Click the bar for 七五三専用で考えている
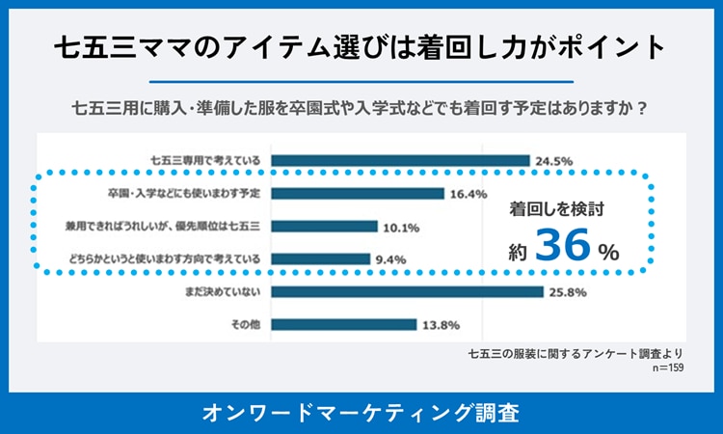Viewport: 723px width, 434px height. [x=401, y=160]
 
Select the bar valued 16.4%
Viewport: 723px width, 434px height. [x=358, y=193]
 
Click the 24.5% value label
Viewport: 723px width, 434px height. [x=554, y=160]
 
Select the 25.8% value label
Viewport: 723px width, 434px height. [x=568, y=291]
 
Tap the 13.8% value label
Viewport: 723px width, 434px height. [x=441, y=324]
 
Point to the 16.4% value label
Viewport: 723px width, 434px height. [x=469, y=193]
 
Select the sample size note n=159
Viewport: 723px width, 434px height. [x=665, y=367]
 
